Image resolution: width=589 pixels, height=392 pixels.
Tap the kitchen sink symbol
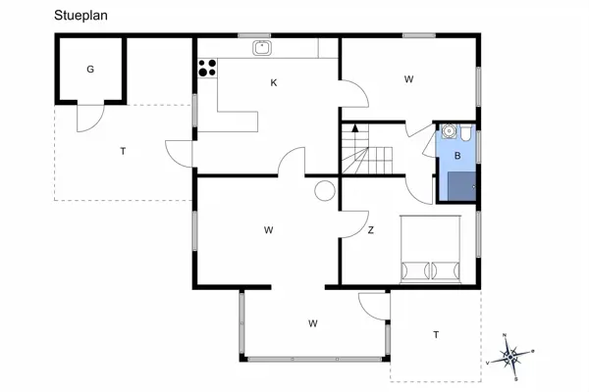pyautogui.click(x=261, y=47)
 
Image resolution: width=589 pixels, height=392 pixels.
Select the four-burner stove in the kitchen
pyautogui.click(x=207, y=68)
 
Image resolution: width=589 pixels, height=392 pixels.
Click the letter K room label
pyautogui.click(x=274, y=83)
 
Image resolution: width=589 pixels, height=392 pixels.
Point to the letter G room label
pyautogui.click(x=90, y=69)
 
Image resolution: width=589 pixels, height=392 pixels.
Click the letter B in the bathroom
pyautogui.click(x=457, y=156)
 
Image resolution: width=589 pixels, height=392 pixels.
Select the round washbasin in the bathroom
pyautogui.click(x=448, y=129)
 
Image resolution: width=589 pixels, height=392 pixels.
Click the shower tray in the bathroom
pyautogui.click(x=457, y=184)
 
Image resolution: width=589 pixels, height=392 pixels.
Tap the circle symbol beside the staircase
pyautogui.click(x=324, y=192)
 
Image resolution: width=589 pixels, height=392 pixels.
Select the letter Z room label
pyautogui.click(x=370, y=231)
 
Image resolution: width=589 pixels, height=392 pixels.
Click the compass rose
pyautogui.click(x=510, y=355)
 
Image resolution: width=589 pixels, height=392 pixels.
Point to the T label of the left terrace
pyautogui.click(x=123, y=151)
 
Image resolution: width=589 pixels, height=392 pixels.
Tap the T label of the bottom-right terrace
pyautogui.click(x=435, y=335)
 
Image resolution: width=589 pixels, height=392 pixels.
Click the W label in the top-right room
pyautogui.click(x=407, y=79)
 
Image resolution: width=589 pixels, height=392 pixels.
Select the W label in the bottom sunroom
pyautogui.click(x=312, y=322)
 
